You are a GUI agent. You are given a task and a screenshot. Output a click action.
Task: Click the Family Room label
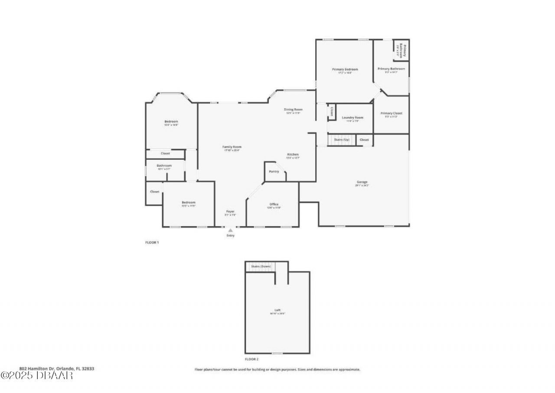click(x=232, y=147)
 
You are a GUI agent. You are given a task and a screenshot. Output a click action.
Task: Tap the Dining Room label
click(x=293, y=109)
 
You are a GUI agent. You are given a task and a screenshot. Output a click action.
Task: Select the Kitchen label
click(x=293, y=155)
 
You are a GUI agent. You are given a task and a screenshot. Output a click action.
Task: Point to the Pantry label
click(x=274, y=172)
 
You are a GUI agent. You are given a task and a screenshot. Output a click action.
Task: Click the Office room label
click(x=274, y=204)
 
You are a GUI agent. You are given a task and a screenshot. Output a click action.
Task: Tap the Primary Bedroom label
click(x=345, y=69)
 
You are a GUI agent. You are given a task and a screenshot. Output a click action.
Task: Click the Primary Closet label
click(x=392, y=113)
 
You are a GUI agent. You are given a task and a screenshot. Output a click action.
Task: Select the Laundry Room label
click(x=353, y=118)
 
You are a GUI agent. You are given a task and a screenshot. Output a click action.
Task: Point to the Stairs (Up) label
click(x=341, y=140)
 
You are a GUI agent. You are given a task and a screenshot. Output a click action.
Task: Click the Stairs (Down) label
click(x=261, y=266)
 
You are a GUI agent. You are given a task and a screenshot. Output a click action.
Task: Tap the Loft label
click(x=277, y=310)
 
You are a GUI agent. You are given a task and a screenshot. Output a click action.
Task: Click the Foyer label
click(x=230, y=211)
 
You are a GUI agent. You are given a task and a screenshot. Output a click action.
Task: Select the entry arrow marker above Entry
click(x=230, y=231)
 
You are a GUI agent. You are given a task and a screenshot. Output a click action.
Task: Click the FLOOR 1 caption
click(x=152, y=242)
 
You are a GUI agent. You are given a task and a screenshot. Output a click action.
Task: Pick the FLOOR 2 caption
click(x=251, y=360)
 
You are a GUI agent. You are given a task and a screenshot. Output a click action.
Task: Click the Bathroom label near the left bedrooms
click(x=164, y=165)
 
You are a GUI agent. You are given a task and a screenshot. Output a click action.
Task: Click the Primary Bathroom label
click(x=391, y=69)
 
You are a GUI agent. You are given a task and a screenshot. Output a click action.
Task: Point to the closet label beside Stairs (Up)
click(x=364, y=140)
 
